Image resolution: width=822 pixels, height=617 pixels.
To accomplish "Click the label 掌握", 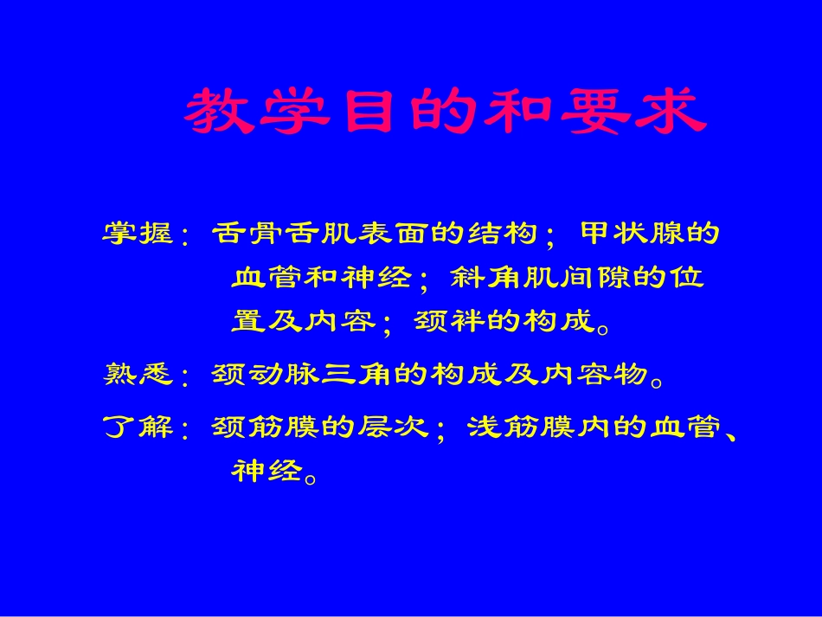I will pos(138,234).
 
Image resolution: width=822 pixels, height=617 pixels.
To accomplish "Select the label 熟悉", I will pos(138,374).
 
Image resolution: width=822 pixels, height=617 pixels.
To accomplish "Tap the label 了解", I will pos(138,427).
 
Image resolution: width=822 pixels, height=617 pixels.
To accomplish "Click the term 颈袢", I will pos(451,322).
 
